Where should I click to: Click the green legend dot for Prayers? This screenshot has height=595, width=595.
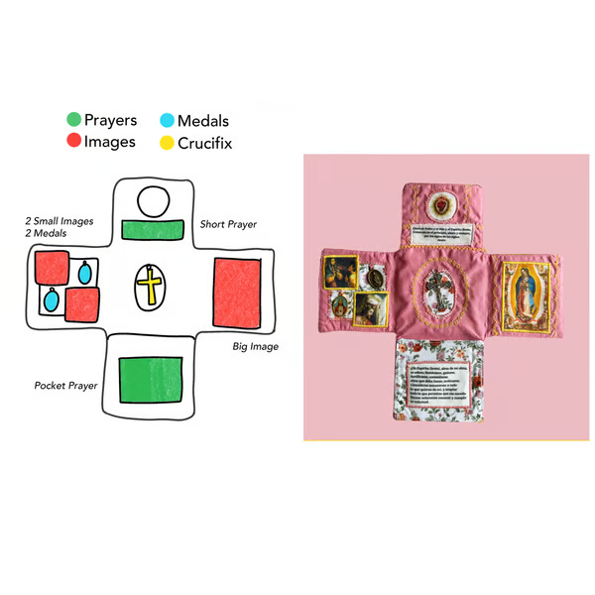click(x=74, y=121)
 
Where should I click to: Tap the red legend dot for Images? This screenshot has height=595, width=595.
click(x=74, y=142)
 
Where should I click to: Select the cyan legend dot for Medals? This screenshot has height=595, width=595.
click(x=166, y=121)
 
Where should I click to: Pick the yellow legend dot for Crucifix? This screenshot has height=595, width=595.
click(x=166, y=143)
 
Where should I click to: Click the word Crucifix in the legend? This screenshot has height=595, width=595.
click(x=205, y=143)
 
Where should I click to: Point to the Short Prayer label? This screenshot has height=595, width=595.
click(x=228, y=224)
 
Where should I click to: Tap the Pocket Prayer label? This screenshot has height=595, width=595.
click(x=65, y=385)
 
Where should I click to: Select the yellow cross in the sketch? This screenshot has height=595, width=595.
click(x=150, y=287)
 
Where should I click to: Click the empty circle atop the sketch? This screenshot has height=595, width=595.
click(x=153, y=202)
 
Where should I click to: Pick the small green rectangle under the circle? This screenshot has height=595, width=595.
click(x=153, y=230)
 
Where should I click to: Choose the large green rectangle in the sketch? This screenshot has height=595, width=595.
click(x=151, y=378)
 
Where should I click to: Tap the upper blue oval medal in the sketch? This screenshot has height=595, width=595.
click(x=86, y=270)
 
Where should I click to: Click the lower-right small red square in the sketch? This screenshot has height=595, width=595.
click(x=84, y=304)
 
